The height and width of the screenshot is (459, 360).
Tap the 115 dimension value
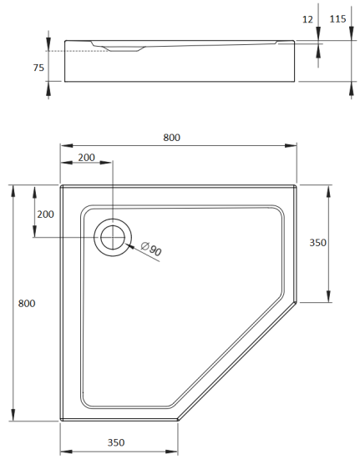tap(339, 18)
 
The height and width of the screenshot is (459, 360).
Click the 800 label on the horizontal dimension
tap(172, 138)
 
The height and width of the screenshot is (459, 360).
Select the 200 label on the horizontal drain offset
tap(85, 158)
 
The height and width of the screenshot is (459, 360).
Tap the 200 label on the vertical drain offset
tap(45, 214)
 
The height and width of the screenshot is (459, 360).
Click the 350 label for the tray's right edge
tap(317, 243)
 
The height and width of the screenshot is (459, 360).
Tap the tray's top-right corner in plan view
tap(297, 185)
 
